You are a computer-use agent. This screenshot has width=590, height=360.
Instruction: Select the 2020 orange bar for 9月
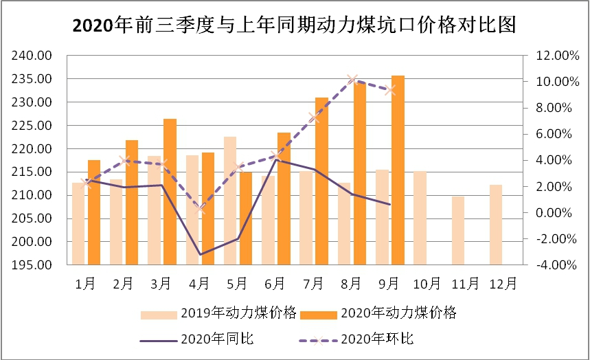point(398,170)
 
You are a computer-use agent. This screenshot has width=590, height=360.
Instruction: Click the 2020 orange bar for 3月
point(170,192)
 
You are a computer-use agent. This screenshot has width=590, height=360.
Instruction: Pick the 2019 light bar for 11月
point(458,231)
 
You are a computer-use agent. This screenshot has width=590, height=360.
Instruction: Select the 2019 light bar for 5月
point(230,201)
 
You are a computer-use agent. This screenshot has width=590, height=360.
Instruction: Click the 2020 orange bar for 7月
point(321,181)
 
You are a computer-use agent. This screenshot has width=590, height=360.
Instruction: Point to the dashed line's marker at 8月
point(352,80)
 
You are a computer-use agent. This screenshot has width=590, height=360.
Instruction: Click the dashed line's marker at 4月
point(200,208)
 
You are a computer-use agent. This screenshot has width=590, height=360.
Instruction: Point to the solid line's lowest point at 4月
point(200,255)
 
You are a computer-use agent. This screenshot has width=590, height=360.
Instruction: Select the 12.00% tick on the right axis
point(552,56)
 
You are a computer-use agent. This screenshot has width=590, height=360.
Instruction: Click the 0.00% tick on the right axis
point(553,213)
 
